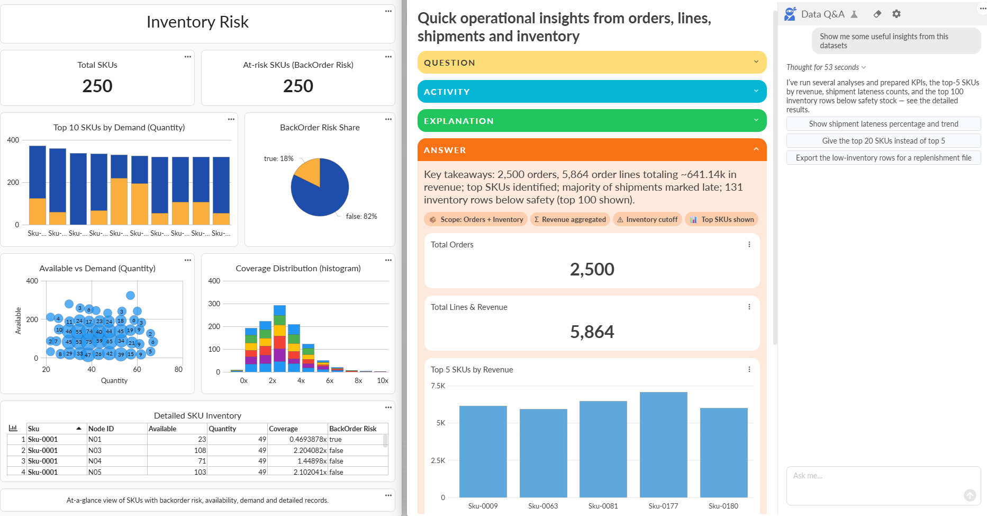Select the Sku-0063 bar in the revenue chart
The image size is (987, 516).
pos(543,452)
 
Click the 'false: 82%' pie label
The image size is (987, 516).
pos(361,216)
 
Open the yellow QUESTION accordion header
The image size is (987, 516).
pos(592,63)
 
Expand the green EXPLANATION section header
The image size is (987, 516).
pos(592,121)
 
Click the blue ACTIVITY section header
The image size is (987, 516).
pos(592,92)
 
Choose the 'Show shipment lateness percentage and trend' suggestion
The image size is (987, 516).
pos(883,124)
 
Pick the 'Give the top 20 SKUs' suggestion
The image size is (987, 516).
pos(883,141)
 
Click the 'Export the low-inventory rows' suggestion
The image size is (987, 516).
pos(883,158)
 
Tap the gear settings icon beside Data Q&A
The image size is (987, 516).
pos(896,14)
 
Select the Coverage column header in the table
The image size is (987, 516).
pos(284,429)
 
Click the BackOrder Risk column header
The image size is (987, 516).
pos(353,429)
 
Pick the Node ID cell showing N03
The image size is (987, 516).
pos(95,450)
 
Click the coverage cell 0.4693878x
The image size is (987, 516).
pos(308,439)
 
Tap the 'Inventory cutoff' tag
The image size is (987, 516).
pos(647,219)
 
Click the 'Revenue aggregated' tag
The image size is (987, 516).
pos(569,219)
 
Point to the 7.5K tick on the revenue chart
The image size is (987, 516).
pos(438,386)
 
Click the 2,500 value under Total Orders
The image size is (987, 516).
pos(592,269)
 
